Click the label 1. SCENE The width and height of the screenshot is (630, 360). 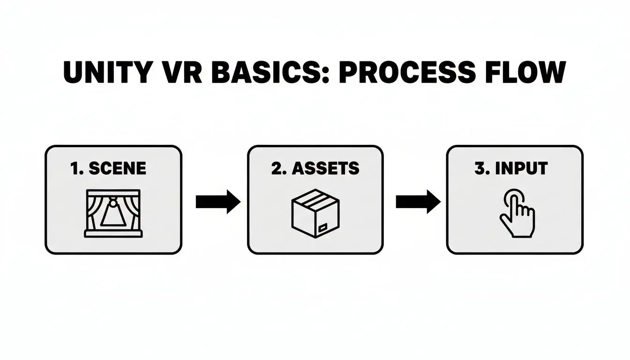pyautogui.click(x=108, y=168)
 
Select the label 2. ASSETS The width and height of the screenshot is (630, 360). pyautogui.click(x=315, y=168)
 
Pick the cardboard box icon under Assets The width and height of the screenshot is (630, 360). pyautogui.click(x=315, y=214)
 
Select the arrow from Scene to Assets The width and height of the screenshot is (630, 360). pyautogui.click(x=217, y=202)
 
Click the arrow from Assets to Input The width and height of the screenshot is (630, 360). pyautogui.click(x=418, y=202)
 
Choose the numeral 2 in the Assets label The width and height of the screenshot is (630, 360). pyautogui.click(x=277, y=168)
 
